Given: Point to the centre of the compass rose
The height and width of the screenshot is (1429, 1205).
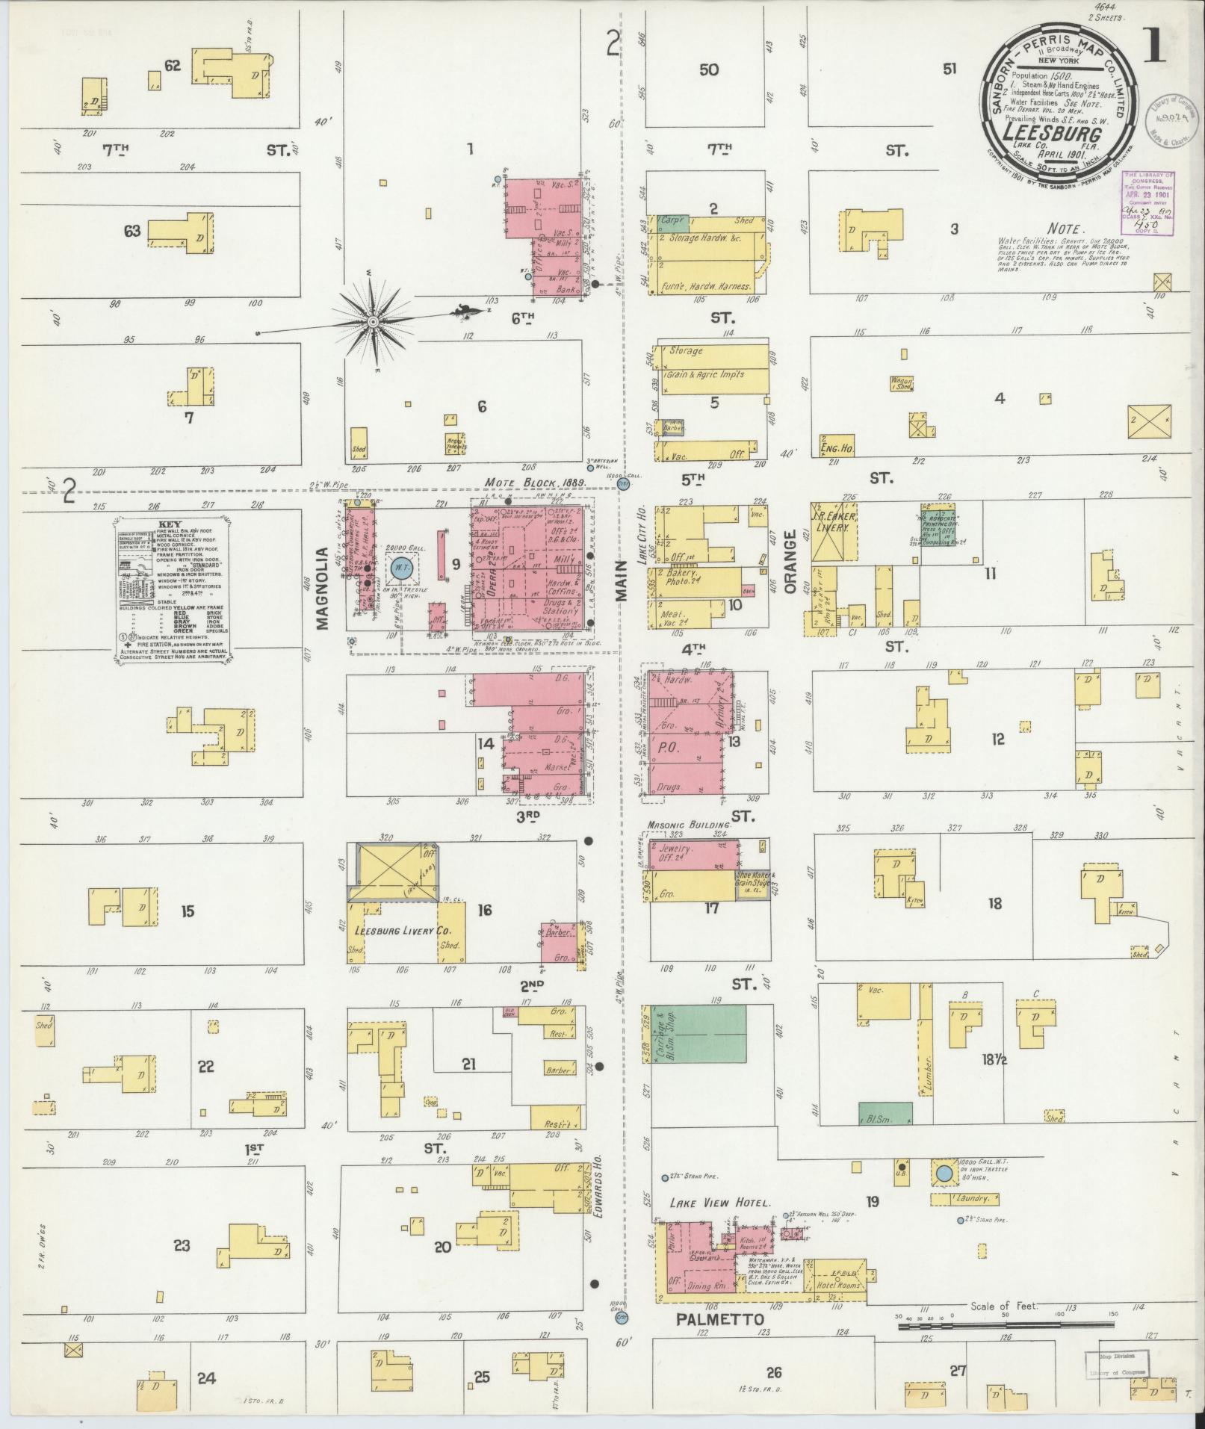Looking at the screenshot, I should click(x=371, y=321).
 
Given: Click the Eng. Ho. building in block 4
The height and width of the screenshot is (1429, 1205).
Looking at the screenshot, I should click(x=837, y=445).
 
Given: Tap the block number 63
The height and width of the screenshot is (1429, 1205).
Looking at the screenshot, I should click(x=132, y=231).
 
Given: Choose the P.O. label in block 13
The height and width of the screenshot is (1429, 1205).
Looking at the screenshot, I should click(x=669, y=746).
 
